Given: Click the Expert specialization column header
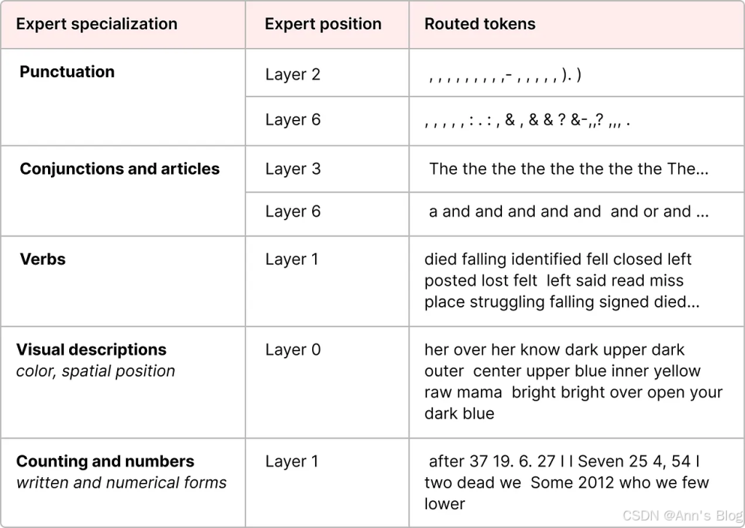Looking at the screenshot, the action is pos(97,24).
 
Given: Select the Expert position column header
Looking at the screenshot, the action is pos(323,24).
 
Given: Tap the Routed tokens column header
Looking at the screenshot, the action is pos(480,24).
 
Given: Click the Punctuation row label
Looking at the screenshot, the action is pos(67,72).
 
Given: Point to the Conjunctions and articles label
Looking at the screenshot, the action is pos(120,169).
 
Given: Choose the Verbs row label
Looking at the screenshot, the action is pos(43,259).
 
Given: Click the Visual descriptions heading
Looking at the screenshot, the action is pos(91,350).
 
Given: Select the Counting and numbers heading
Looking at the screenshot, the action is pos(105,461).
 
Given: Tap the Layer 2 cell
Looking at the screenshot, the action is pos(292,75).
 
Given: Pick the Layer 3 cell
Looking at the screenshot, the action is pos(292,169).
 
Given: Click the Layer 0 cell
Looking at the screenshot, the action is pos(292,350).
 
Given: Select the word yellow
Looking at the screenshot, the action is pos(677,372).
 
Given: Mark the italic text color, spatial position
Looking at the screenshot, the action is pos(95,372).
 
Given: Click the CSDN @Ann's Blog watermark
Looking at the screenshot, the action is pos(682,515).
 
